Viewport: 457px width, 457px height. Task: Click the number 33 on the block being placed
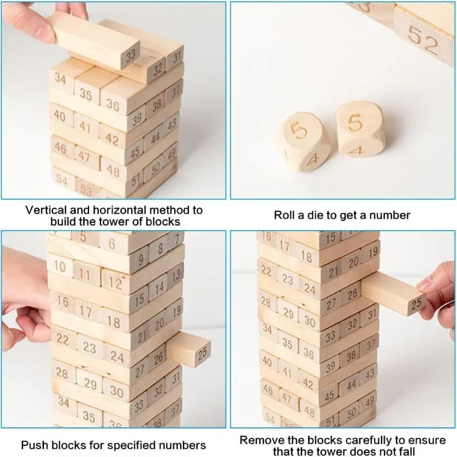131,55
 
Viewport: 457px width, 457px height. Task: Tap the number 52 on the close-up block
423,40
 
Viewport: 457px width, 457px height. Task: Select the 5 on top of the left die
299,130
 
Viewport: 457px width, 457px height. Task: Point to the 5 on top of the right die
355,123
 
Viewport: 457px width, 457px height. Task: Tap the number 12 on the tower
115,282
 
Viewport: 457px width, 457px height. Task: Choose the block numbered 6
112,244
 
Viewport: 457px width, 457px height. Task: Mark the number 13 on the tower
176,275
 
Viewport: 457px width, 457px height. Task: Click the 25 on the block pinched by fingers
416,304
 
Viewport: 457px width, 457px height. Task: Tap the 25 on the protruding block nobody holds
202,353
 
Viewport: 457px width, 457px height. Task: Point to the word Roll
283,215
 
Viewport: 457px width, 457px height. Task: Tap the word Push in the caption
32,445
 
